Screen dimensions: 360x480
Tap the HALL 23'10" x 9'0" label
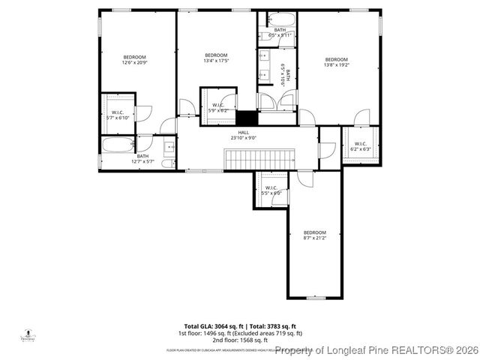[244, 135]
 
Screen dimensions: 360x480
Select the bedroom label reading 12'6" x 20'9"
[135, 60]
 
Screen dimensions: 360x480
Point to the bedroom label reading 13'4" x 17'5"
[216, 58]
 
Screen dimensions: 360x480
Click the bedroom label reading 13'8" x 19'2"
[336, 62]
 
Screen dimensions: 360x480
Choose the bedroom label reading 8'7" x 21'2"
[315, 235]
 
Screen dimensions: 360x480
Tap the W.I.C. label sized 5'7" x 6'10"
[117, 115]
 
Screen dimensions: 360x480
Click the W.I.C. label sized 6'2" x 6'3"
[360, 146]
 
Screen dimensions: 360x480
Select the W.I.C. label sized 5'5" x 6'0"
[271, 190]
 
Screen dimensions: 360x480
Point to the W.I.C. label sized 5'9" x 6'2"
[218, 107]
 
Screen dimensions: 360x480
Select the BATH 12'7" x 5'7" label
[142, 158]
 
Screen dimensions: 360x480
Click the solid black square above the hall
[246, 118]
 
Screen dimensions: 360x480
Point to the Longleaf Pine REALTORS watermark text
[375, 350]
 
